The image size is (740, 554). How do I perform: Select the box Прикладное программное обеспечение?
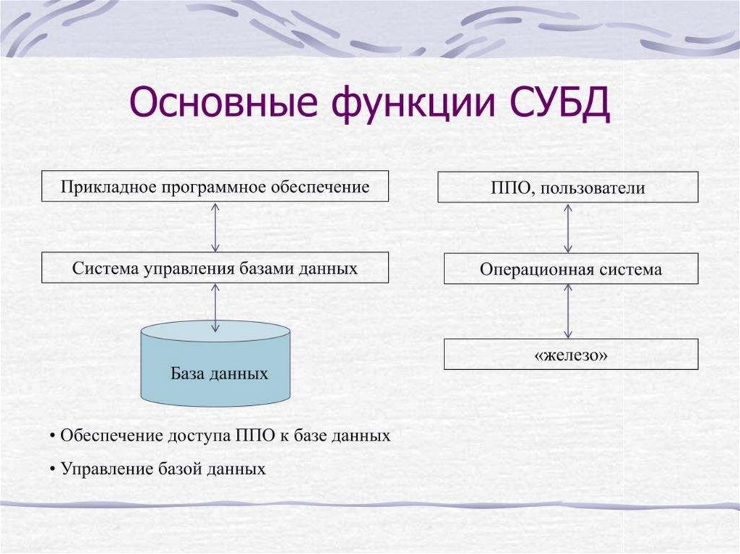[215, 186]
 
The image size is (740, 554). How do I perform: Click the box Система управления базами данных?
[215, 268]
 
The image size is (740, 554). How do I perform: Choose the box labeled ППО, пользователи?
[567, 188]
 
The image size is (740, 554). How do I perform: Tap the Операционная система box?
[571, 269]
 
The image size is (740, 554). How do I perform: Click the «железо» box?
[571, 355]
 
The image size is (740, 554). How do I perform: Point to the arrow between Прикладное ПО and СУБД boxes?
[215, 227]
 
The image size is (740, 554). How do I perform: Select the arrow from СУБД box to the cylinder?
[215, 308]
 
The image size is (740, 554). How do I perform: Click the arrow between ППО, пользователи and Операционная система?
[568, 228]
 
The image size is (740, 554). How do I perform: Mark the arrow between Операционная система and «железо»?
[568, 311]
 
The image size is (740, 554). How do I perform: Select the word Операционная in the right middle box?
[535, 270]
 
